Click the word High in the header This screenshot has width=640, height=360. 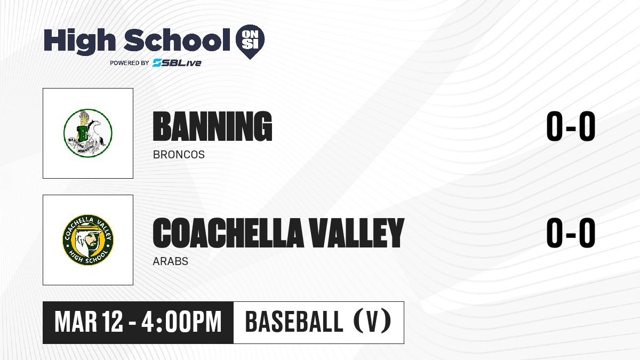tap(79, 41)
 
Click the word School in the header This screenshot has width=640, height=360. tap(177, 39)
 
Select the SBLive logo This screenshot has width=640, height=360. tap(177, 63)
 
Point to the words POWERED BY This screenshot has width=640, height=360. tap(130, 63)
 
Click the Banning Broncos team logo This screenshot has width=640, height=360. tap(87, 133)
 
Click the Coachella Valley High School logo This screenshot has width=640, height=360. tap(88, 240)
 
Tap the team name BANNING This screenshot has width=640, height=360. tap(212, 126)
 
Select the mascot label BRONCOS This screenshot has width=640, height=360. tap(179, 155)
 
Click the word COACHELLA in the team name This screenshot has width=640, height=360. tap(228, 233)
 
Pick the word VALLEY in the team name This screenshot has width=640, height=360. tap(357, 233)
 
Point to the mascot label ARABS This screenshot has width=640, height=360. tap(171, 261)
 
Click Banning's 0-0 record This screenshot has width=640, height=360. tap(571, 126)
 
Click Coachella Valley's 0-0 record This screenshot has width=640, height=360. tap(571, 233)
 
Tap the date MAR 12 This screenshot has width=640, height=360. tap(89, 322)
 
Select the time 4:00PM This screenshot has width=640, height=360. tap(181, 322)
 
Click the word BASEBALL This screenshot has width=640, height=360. tap(294, 322)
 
